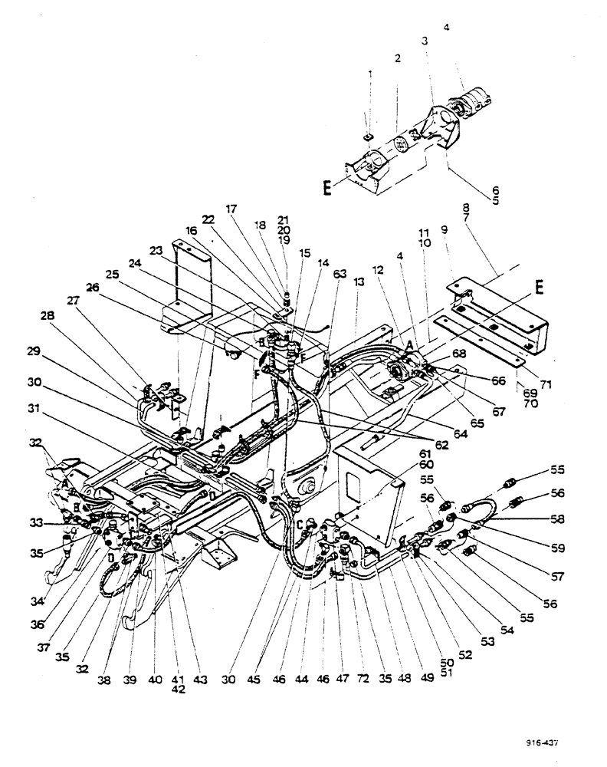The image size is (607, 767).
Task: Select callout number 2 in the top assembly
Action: pyautogui.click(x=398, y=59)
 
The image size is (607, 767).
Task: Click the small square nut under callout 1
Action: pyautogui.click(x=368, y=137)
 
